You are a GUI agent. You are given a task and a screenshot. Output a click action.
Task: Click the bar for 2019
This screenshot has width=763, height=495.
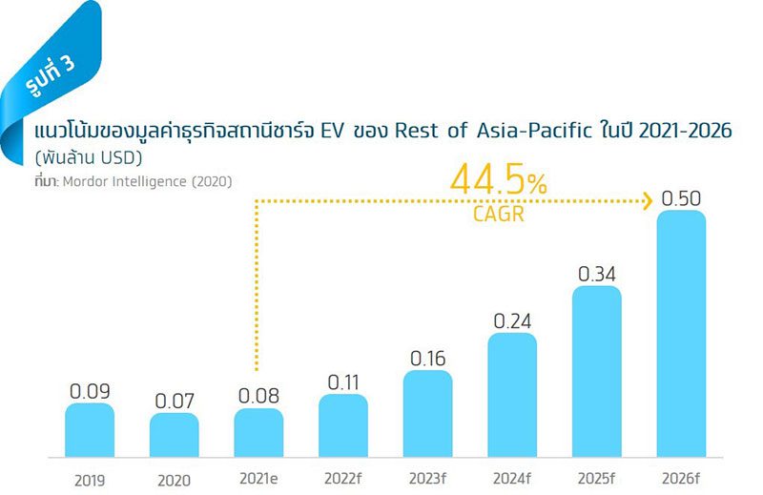coord(90,429)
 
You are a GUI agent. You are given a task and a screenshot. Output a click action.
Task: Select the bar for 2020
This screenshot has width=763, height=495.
coord(175,434)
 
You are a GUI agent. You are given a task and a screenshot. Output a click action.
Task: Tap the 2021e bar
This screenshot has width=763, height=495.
coord(258,432)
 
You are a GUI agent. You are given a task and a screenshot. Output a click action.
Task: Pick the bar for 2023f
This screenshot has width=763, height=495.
coord(427,413)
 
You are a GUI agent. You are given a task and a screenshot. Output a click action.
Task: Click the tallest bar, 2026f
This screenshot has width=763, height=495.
coord(681,334)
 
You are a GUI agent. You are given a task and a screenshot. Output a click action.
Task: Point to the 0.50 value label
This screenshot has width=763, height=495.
coord(681,199)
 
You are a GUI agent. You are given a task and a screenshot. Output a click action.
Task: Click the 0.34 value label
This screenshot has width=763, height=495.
coord(597,275)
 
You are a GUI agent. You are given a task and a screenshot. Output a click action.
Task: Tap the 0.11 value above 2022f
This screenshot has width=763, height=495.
coord(343,382)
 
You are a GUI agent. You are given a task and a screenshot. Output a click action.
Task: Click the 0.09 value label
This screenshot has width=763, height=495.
coord(90,391)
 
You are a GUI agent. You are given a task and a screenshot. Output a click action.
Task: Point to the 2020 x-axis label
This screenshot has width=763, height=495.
coord(175,480)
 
